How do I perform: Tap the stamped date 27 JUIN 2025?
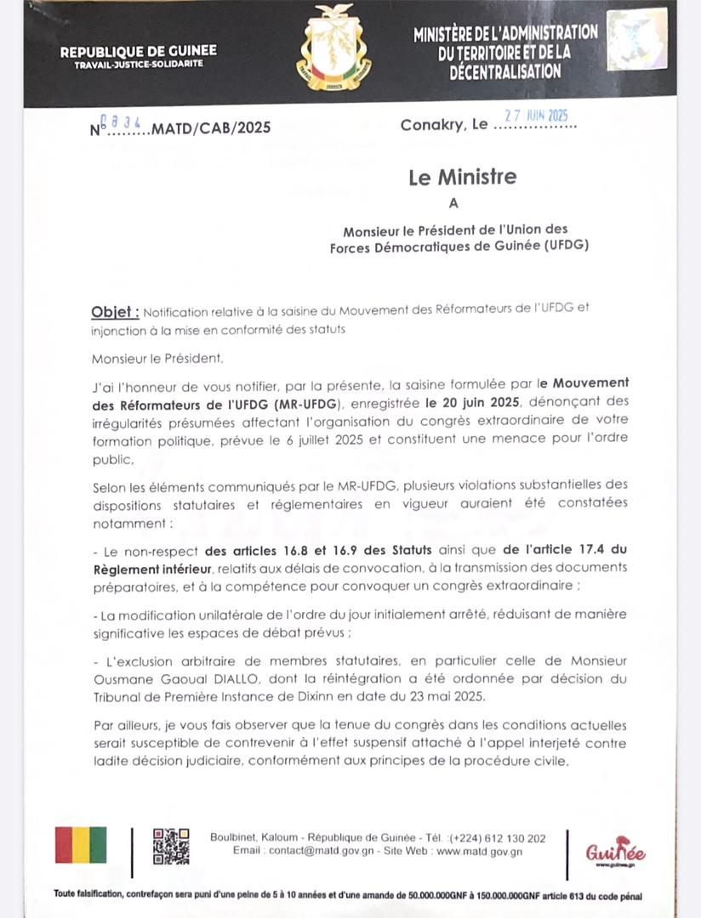click(x=536, y=116)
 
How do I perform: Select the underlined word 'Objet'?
click(x=114, y=311)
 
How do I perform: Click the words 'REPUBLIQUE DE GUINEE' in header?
click(x=138, y=52)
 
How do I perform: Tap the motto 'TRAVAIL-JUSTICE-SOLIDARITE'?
click(x=138, y=65)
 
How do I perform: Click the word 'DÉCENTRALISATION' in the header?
click(x=505, y=72)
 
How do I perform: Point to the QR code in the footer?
click(x=171, y=847)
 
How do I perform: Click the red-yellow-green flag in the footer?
click(x=81, y=845)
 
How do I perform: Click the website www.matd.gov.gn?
click(x=479, y=851)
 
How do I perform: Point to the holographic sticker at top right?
click(x=637, y=38)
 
